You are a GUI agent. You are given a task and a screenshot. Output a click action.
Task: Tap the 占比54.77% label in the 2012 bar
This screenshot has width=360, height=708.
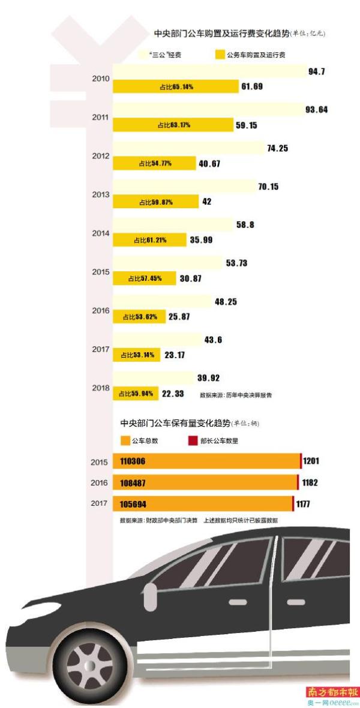coord(154,163)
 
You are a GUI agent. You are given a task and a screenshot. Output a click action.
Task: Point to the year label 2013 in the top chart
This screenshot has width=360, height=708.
coord(101,195)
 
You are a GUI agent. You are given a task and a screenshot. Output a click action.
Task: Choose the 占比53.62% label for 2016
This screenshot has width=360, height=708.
coord(139,317)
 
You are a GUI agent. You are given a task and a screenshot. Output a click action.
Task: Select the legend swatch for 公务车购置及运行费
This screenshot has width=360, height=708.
coord(220,54)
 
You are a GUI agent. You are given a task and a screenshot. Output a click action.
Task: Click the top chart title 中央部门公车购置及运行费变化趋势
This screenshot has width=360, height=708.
coord(221,34)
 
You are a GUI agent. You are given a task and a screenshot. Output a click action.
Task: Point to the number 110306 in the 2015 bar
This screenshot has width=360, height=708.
coord(133,461)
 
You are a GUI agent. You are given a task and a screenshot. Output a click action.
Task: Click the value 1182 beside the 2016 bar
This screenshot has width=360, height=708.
coord(310,482)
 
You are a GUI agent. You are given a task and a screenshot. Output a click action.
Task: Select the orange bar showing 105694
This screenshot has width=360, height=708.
coord(202,503)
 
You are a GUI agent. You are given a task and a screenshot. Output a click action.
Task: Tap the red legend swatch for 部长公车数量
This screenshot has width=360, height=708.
coord(193,441)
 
